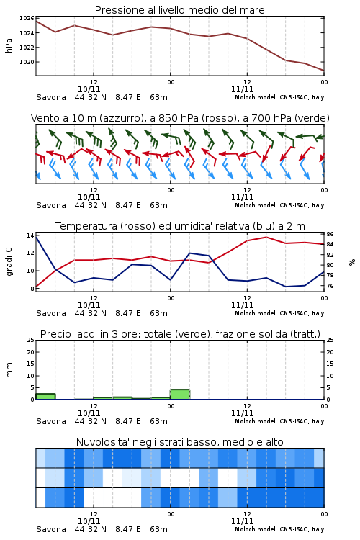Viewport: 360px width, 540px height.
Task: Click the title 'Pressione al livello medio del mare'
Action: coord(179,10)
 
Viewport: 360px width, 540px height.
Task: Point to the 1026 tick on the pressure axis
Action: coord(27,18)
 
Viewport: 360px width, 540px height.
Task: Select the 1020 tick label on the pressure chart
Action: coord(27,62)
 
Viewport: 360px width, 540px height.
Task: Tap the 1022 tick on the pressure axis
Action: coord(27,48)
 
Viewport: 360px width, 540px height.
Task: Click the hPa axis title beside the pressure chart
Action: coord(9,45)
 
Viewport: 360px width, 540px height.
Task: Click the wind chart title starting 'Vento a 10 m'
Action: coord(180,118)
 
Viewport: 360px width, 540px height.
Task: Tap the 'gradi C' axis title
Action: coord(9,262)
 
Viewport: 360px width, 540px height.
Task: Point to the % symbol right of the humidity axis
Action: coord(352,262)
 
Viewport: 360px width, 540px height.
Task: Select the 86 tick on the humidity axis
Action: coord(330,234)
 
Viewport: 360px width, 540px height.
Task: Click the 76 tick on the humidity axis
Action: coord(330,286)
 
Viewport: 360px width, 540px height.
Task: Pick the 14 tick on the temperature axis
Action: coord(30,235)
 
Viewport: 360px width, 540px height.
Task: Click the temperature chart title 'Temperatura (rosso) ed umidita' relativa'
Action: coord(180,226)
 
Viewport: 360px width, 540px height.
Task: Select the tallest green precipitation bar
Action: coord(180,395)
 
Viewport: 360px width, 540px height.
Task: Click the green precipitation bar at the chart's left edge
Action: coord(45,397)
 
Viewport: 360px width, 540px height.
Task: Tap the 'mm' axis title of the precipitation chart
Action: coord(9,370)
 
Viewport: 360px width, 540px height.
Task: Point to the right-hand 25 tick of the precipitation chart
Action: coord(330,340)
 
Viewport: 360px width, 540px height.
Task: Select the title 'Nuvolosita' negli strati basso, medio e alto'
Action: coord(179,442)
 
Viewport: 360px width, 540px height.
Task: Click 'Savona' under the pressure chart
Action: coord(51,97)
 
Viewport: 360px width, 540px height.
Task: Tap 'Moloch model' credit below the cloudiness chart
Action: coord(256,529)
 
